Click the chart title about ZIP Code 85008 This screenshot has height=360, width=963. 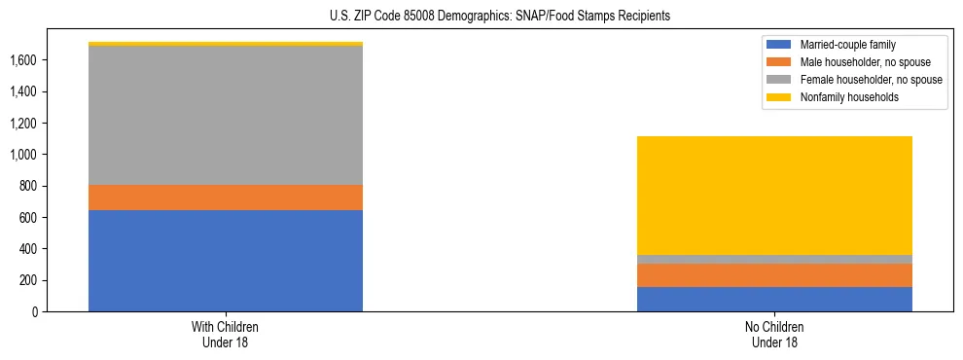pos(481,17)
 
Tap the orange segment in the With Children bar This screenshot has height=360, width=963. pos(226,198)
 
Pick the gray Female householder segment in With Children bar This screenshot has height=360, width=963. pos(226,115)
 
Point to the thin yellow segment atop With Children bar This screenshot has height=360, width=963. pos(226,44)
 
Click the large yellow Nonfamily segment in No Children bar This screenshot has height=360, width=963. pos(774,196)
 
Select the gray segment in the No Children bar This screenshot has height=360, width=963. pos(774,259)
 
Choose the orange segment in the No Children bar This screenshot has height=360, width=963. pos(774,275)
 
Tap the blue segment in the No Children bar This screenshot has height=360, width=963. pos(774,299)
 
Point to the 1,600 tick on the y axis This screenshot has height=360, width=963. pos(22,60)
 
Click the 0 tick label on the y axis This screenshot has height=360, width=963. pos(34,312)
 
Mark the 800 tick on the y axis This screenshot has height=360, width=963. pos(26,186)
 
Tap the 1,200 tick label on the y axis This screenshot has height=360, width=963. pos(22,124)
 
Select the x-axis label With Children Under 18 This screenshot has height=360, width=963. pos(226,334)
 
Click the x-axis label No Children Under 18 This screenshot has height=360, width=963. pos(774,334)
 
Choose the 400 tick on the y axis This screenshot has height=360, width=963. pos(26,249)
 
